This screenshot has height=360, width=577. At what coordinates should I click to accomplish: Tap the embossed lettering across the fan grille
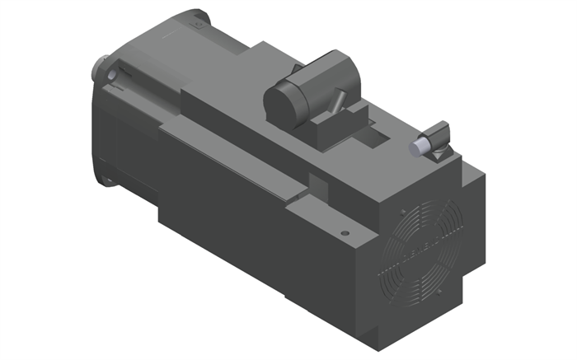coord(410,249)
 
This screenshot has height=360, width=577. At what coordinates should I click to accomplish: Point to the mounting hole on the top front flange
coord(199,25)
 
